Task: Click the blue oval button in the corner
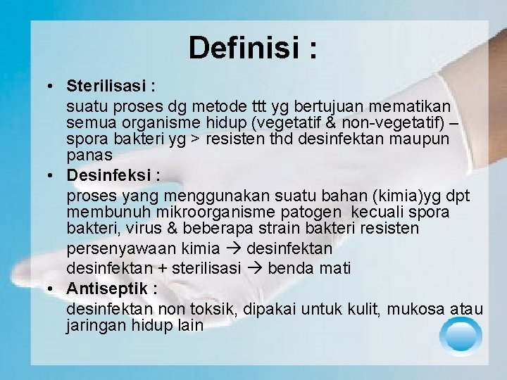[x=461, y=335]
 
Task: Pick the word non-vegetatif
[x=394, y=122]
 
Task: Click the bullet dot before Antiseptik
[x=52, y=289]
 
